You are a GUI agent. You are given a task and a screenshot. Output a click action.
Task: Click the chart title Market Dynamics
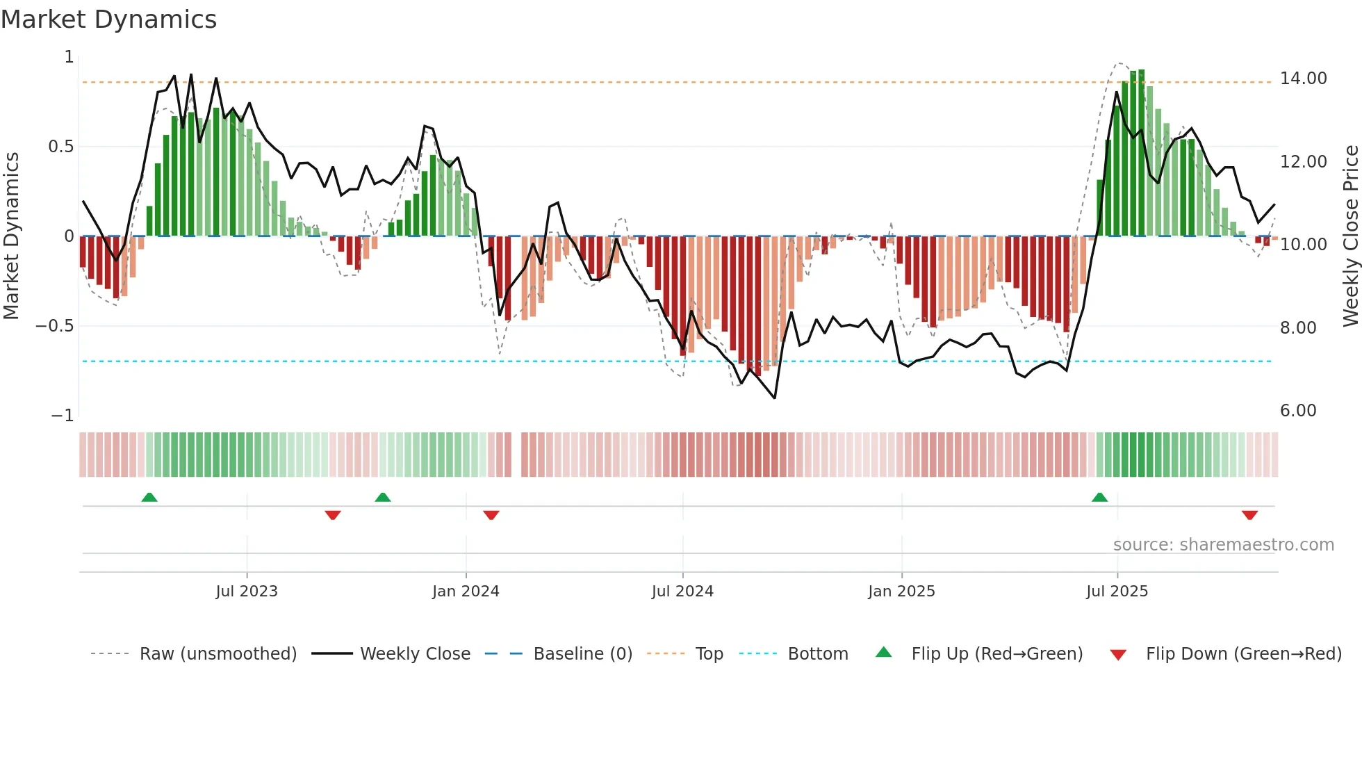coord(108,19)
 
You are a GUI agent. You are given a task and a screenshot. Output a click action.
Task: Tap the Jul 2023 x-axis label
coord(246,592)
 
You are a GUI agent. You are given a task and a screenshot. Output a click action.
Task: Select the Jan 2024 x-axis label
coord(466,592)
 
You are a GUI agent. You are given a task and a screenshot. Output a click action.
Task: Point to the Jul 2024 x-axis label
coord(682,592)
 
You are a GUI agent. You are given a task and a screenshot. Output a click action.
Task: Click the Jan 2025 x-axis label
coord(901,592)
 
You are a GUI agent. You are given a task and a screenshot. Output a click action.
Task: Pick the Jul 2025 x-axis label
coord(1117,592)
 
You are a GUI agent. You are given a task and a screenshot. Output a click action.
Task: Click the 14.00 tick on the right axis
coord(1303,79)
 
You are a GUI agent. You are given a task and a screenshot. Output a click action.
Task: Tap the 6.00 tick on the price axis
coord(1298,411)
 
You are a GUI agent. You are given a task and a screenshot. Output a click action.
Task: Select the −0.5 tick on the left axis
coord(55,326)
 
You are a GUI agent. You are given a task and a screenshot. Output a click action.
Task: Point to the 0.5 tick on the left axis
coord(60,147)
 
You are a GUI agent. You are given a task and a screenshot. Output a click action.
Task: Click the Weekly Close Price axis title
coord(1350,236)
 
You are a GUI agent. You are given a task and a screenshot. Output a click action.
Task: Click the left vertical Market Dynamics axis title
coord(11,236)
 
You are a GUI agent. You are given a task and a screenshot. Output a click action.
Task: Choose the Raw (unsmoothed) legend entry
coord(218,654)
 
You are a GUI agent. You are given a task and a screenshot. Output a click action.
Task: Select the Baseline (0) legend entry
coord(582,654)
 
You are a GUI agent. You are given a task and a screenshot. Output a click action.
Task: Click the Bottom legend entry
coord(817,654)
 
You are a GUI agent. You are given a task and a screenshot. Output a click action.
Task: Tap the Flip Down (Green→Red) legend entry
coord(1243,654)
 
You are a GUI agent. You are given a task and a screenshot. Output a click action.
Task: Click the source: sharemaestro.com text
coord(1223,545)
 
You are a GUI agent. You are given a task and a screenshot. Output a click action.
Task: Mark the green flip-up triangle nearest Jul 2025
coord(1099,497)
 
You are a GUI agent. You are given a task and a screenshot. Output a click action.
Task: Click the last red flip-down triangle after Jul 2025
coord(1249,515)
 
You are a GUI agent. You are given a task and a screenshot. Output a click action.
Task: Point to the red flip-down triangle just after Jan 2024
coord(491,515)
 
